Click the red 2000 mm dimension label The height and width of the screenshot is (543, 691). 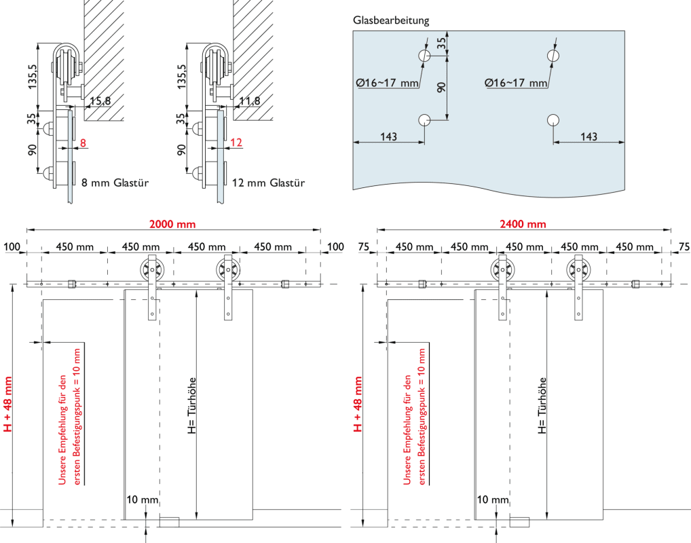tap(172, 224)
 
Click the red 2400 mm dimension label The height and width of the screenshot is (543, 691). tap(523, 224)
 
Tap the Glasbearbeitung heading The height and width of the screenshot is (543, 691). tap(391, 20)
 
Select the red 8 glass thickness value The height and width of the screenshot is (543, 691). tap(83, 143)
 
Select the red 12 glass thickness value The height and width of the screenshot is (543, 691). tap(236, 143)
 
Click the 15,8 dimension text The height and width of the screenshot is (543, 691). tap(99, 101)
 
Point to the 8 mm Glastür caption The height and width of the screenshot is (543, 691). tap(115, 183)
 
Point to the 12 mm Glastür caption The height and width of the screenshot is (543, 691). tap(269, 183)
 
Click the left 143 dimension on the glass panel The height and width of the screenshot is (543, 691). tap(388, 136)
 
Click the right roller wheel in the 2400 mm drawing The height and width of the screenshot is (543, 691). tap(578, 269)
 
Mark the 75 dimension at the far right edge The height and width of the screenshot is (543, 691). tap(683, 246)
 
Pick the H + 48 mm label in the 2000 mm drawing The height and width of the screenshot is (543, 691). tap(8, 405)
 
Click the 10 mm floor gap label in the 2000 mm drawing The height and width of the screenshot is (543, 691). tap(142, 500)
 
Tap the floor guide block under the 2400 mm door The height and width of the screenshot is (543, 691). tap(519, 521)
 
